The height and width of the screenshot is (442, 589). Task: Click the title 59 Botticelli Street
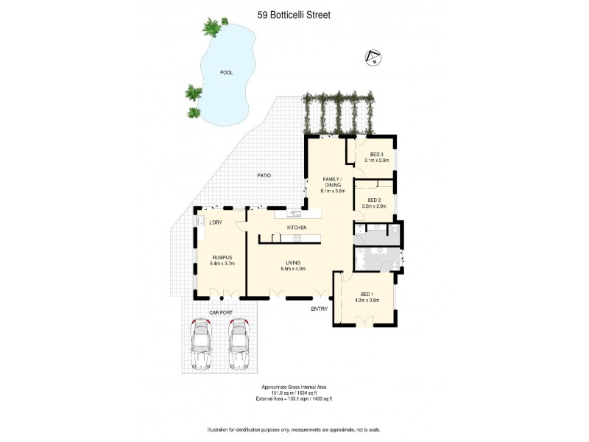294,13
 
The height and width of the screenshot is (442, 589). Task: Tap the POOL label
228,72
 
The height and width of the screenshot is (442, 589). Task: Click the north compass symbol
373,57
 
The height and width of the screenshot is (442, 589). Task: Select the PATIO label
264,175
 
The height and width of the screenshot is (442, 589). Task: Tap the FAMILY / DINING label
333,183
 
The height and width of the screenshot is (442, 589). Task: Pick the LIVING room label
293,262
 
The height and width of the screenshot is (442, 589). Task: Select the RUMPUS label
222,257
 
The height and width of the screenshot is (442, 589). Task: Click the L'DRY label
216,222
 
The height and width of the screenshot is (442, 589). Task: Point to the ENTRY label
319,309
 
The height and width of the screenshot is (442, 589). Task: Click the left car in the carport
200,344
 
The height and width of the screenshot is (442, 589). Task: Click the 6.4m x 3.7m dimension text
222,264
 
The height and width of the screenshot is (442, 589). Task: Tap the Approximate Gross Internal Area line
294,387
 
